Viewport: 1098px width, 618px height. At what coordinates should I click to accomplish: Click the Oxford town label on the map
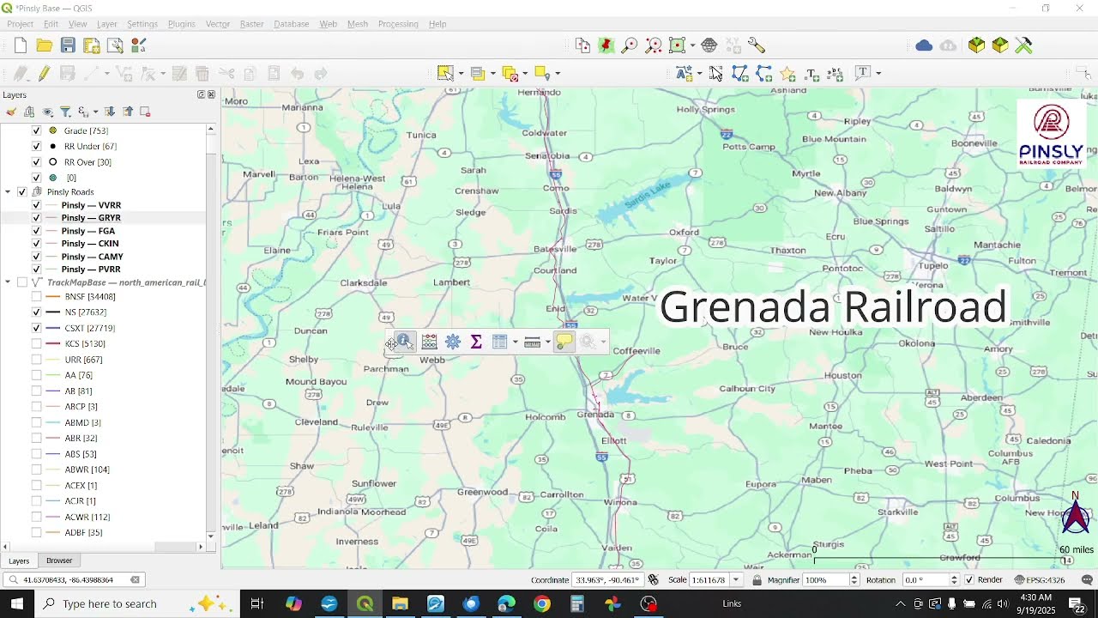[684, 232]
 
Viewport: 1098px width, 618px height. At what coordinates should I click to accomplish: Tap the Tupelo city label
[933, 265]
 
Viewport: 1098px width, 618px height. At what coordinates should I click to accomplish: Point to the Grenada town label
[595, 415]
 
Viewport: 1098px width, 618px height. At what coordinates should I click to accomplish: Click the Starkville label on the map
[897, 512]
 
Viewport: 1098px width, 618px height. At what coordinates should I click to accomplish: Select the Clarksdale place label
[363, 282]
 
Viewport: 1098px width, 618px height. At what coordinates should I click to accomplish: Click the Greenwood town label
[483, 492]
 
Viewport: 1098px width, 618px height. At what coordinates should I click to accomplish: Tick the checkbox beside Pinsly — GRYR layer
[36, 218]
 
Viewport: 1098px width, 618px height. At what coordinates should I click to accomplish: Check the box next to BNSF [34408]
[36, 297]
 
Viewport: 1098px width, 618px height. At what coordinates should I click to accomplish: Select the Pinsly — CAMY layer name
[92, 257]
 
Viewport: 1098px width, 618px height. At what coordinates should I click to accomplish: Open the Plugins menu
[181, 24]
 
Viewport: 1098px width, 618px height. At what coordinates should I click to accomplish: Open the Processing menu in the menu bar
[398, 24]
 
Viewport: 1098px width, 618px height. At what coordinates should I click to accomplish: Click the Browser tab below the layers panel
[59, 560]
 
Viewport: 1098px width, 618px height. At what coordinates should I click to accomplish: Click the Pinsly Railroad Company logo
[1051, 134]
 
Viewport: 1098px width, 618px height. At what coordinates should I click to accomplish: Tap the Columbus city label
[1017, 498]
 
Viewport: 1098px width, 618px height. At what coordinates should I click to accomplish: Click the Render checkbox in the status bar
[969, 580]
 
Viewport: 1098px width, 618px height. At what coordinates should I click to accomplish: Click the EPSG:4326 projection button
[1040, 580]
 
